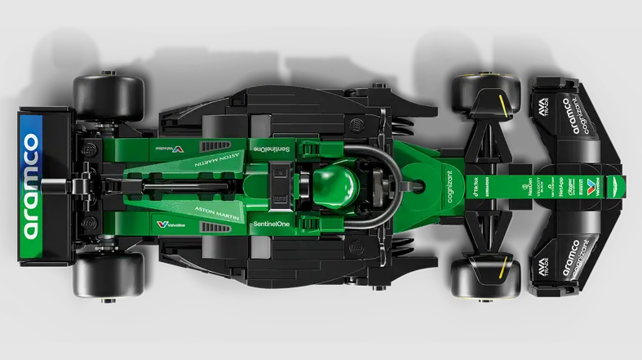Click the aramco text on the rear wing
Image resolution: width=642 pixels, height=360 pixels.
[x=30, y=186]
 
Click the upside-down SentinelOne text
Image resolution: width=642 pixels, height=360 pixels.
[x=267, y=149]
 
